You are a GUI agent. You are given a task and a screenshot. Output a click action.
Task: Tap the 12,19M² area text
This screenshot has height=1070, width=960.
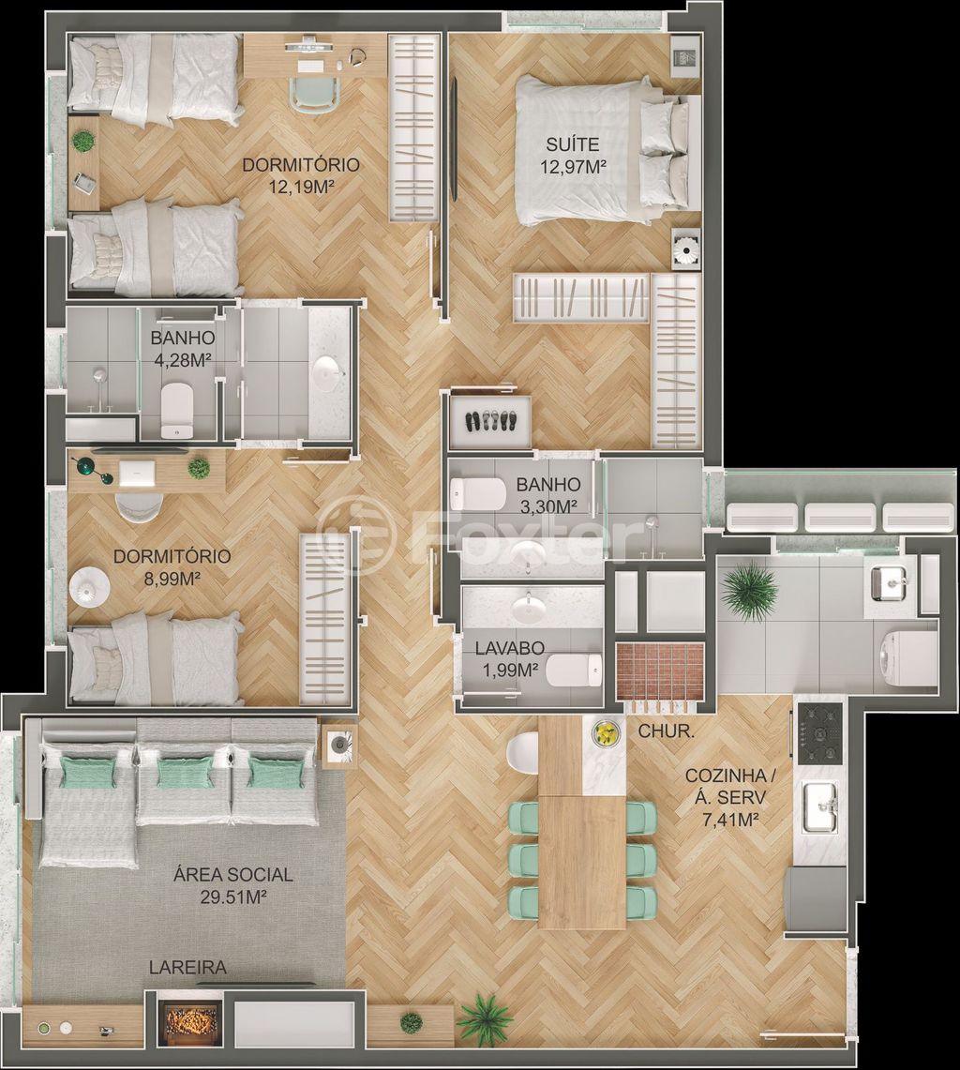tap(301, 187)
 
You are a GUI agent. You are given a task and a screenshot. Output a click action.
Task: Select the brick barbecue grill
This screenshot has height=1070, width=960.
tap(659, 671)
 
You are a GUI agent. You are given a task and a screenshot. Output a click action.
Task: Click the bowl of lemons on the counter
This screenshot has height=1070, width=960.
tap(606, 732)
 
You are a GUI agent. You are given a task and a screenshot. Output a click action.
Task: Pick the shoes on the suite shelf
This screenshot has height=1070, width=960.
tap(488, 421)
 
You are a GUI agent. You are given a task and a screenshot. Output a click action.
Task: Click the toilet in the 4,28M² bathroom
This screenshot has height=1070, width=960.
tap(176, 409)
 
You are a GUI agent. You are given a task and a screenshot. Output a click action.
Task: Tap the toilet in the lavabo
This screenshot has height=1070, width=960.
tap(574, 671)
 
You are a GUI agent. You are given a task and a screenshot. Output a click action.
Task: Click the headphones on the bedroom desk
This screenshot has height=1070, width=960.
tap(356, 58)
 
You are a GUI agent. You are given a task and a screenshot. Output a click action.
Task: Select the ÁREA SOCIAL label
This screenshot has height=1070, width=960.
tap(232, 875)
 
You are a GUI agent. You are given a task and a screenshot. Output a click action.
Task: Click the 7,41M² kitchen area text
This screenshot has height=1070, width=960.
tap(730, 820)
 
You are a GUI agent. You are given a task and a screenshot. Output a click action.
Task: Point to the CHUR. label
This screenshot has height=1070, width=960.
tap(666, 731)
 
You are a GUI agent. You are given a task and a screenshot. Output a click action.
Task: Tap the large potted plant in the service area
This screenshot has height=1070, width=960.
tap(749, 590)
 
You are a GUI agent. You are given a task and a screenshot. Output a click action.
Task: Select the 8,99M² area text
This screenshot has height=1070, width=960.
tap(172, 579)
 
